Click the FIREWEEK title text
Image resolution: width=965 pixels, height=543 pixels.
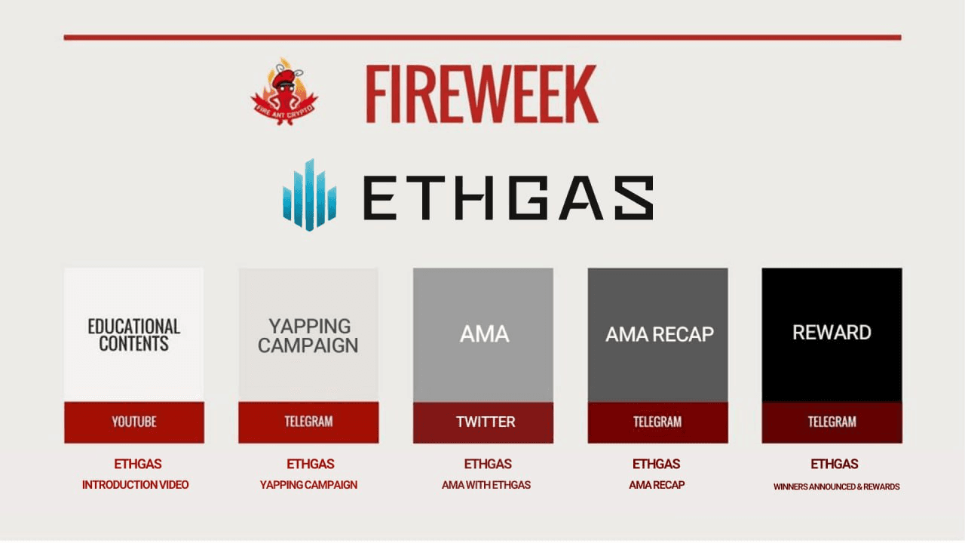482,94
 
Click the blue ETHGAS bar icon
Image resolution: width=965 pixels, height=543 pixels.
309,195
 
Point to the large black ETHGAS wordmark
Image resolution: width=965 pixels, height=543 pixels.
508,198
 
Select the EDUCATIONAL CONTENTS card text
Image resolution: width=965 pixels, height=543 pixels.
134,335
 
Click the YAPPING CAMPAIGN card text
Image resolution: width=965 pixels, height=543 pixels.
308,336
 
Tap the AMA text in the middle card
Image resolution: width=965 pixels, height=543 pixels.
484,333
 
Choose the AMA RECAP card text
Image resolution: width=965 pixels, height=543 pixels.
659,334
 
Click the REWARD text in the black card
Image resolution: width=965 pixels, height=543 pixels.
832,333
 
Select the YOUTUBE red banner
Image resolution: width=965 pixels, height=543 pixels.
134,422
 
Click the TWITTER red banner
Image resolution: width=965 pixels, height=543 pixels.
484,422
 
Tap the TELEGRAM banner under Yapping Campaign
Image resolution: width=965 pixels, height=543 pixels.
308,422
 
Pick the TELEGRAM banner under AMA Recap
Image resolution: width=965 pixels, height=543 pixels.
657,422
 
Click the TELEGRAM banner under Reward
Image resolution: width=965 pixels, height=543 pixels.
832,422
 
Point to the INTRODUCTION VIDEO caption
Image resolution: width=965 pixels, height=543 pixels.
136,485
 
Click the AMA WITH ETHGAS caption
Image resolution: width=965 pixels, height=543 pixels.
486,485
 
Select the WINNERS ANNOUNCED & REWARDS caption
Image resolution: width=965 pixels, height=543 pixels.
836,486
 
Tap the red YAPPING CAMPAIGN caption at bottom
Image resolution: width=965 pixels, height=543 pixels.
308,485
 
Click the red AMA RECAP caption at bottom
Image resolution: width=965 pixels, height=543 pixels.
657,485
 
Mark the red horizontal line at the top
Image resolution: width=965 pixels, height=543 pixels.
482,37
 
